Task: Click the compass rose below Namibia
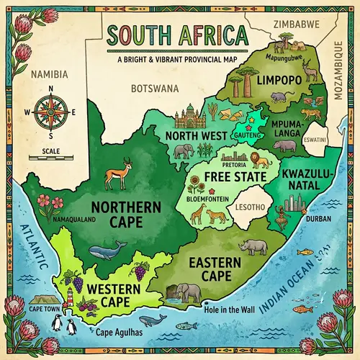point(50,112)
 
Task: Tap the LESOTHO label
point(245,207)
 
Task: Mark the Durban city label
point(318,217)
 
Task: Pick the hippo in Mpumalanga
point(284,145)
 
